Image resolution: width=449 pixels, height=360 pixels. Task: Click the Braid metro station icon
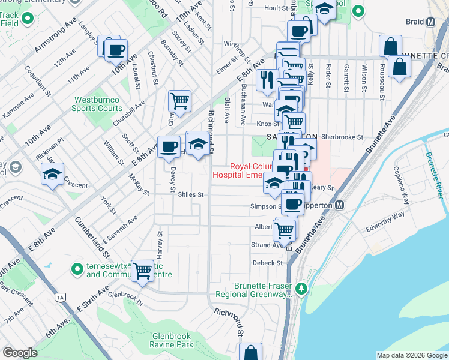coord(430,23)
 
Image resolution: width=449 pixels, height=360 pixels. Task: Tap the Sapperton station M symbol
coord(339,205)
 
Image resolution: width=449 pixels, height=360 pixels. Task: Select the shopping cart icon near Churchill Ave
coord(179,101)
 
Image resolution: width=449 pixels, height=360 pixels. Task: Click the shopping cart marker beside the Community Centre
coord(142,270)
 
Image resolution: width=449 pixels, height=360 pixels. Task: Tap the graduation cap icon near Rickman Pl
coord(52,175)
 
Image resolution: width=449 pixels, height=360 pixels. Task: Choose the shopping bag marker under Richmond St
coord(250,352)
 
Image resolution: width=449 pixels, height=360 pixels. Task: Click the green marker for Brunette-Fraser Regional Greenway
coord(301,290)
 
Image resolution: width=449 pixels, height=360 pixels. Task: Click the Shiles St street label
coord(191,194)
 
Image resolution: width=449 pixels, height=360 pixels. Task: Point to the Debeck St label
coord(267,263)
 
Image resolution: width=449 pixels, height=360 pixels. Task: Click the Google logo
coord(20,353)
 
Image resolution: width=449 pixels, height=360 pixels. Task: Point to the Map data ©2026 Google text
coord(412,355)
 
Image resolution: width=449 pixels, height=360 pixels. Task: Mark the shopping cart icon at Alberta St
coord(284,229)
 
